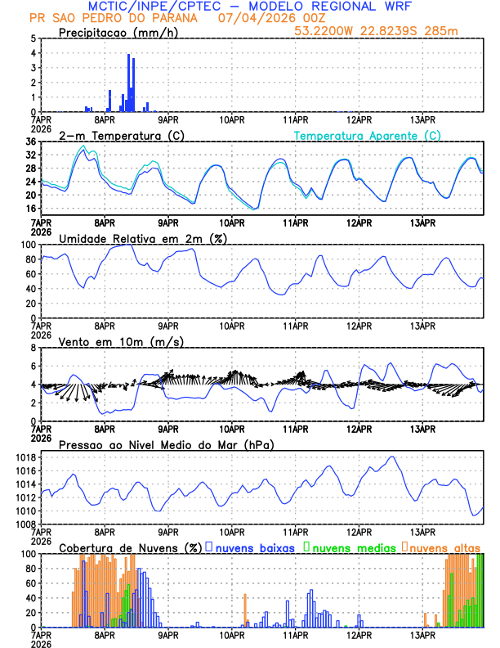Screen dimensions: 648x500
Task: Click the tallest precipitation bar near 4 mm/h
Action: click(x=128, y=82)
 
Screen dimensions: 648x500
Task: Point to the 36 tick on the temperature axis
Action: click(x=30, y=142)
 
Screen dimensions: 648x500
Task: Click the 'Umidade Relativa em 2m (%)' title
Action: click(x=142, y=238)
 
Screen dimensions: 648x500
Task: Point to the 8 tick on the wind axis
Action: click(x=33, y=348)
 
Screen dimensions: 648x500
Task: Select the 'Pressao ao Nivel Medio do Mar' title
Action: click(x=166, y=444)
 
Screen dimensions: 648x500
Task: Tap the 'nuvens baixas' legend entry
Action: click(x=254, y=547)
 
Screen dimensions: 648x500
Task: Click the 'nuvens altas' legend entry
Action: click(x=444, y=547)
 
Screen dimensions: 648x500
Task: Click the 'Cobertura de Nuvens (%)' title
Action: click(x=130, y=547)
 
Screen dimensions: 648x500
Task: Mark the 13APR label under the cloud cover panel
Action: click(x=422, y=635)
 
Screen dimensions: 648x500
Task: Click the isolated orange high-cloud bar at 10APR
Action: click(x=245, y=611)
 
